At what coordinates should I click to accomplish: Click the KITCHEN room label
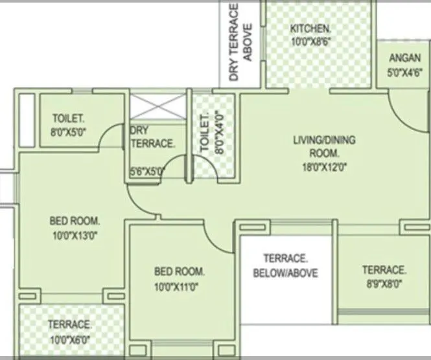[x=310, y=29]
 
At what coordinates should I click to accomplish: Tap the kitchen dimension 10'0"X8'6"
[x=310, y=40]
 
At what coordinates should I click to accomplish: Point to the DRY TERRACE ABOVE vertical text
[x=240, y=42]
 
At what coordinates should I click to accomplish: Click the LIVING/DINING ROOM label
[x=316, y=146]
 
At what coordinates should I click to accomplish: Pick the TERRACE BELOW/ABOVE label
[x=285, y=265]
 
